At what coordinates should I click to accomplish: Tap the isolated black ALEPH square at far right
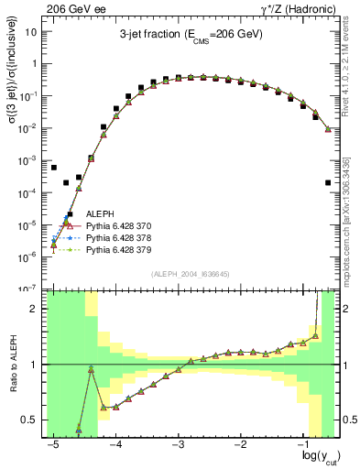pos(328,183)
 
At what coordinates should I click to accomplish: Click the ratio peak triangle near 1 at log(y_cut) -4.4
pos(92,369)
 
